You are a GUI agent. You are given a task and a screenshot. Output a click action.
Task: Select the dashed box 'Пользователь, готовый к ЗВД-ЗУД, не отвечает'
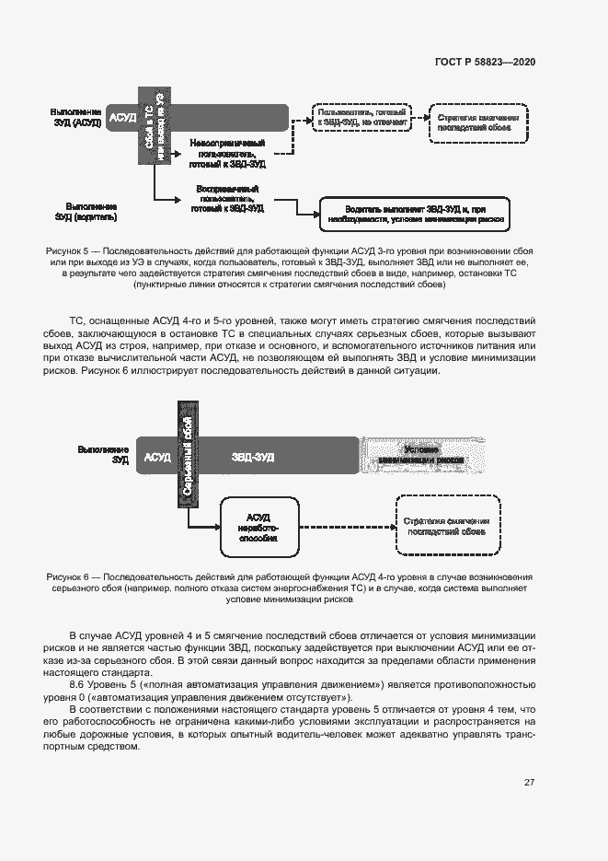[x=357, y=116]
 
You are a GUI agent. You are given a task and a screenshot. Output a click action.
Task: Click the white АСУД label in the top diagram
[x=122, y=118]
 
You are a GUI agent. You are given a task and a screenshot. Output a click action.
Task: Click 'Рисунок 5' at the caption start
[x=67, y=251]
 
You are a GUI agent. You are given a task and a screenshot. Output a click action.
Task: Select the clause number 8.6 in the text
[x=78, y=685]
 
